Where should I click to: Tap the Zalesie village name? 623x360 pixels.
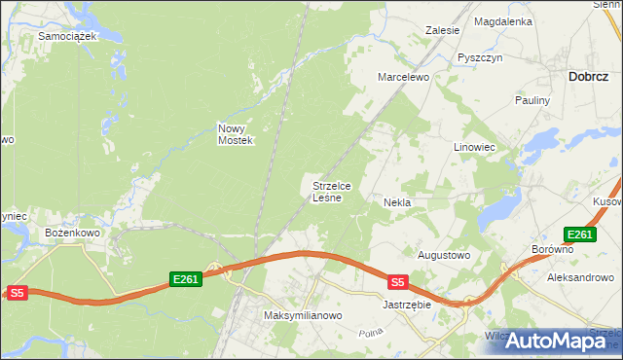[x=442, y=30]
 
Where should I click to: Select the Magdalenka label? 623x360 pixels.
[x=502, y=20]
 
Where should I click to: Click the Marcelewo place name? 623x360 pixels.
[x=404, y=77]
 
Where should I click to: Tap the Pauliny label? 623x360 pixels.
[x=533, y=100]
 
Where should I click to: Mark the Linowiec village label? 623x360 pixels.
[x=475, y=147]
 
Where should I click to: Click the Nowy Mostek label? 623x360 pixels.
[x=236, y=134]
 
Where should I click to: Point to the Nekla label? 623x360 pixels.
[x=397, y=202]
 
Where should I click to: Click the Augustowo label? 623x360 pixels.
[x=444, y=255]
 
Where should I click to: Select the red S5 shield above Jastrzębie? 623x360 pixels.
[x=397, y=282]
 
